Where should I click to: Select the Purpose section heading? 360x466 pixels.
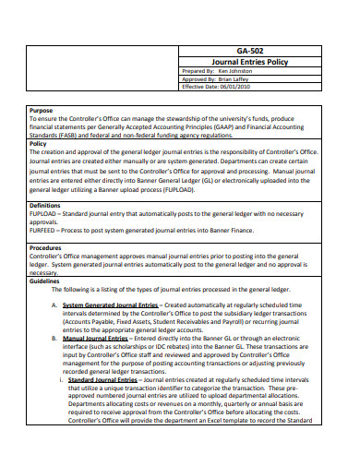click(42, 110)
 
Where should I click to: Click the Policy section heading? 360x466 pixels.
click(39, 143)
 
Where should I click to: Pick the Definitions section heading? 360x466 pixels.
click(45, 205)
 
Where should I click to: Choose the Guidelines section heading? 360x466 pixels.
click(45, 281)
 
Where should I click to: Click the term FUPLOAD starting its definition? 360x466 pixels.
click(44, 214)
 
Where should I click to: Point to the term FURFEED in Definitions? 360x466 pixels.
click(43, 231)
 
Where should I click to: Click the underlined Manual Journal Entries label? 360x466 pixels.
click(96, 339)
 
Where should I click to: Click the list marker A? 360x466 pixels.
click(54, 305)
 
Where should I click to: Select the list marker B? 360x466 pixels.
click(54, 339)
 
